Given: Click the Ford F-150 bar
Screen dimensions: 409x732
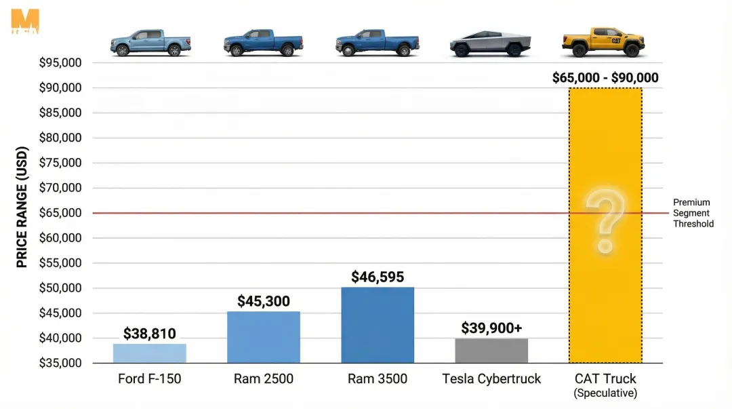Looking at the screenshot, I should [150, 353].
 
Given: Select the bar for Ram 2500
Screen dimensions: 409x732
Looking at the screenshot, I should [263, 337].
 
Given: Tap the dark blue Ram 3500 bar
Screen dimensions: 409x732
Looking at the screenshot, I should [377, 325].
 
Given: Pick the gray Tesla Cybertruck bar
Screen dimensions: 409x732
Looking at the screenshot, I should [491, 351].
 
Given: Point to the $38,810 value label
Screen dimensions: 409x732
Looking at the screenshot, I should [150, 334].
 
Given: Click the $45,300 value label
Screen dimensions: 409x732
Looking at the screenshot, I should [263, 300].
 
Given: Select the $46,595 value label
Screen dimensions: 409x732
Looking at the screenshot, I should [377, 277].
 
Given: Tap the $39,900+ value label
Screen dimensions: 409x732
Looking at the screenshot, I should [491, 328].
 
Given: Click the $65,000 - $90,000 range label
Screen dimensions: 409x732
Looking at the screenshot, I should [605, 78].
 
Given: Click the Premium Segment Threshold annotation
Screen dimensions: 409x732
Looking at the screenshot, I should [692, 213].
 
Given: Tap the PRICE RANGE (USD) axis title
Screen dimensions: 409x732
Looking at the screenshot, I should [22, 206].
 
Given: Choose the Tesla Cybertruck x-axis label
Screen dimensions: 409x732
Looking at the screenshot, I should [491, 379].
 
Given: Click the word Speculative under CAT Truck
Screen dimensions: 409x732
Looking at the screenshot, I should [605, 393].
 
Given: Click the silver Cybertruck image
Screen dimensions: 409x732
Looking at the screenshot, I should [489, 44].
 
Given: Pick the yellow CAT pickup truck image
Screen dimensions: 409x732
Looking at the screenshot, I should [603, 42].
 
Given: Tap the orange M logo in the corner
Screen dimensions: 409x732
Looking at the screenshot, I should [25, 21].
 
